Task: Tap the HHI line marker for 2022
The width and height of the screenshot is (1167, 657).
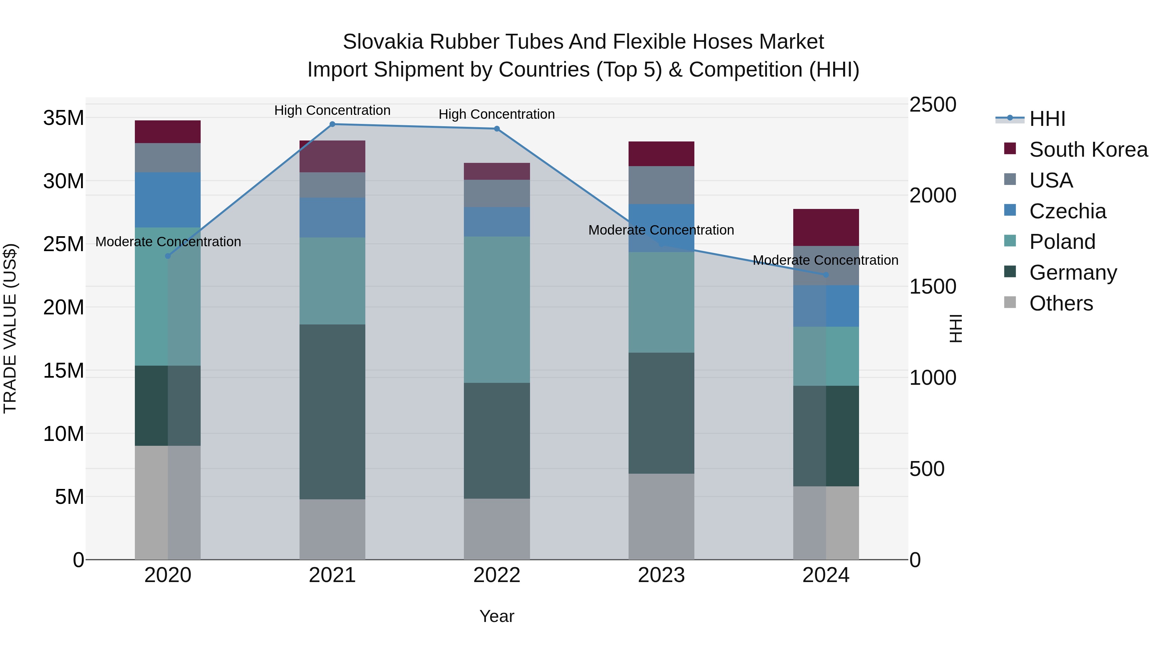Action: (497, 129)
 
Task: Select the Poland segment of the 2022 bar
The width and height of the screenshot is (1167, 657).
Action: (497, 310)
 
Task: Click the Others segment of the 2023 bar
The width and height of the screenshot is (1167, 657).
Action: (661, 517)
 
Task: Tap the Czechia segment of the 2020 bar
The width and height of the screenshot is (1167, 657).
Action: (168, 200)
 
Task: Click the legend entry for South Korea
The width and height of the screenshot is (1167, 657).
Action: (1088, 150)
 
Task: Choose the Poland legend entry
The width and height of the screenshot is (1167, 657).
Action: (1062, 242)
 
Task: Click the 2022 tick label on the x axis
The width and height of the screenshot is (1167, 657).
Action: (497, 575)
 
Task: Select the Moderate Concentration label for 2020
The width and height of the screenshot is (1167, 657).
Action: (168, 242)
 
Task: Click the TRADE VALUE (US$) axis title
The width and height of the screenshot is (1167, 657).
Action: (10, 328)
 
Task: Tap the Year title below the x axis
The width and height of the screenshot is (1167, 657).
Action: (497, 616)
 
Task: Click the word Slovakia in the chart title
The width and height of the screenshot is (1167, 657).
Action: (383, 42)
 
